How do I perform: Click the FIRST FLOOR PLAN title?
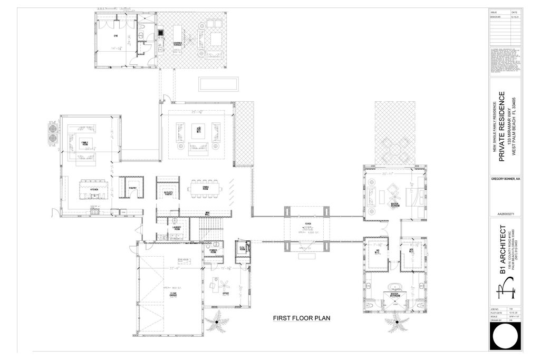[x=301, y=318]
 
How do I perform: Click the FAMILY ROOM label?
[x=84, y=143]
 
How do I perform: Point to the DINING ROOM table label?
[x=206, y=187]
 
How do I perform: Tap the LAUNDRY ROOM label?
[x=175, y=222]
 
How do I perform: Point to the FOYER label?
[x=307, y=223]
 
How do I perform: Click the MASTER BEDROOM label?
[x=394, y=204]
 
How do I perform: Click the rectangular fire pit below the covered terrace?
[x=218, y=84]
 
